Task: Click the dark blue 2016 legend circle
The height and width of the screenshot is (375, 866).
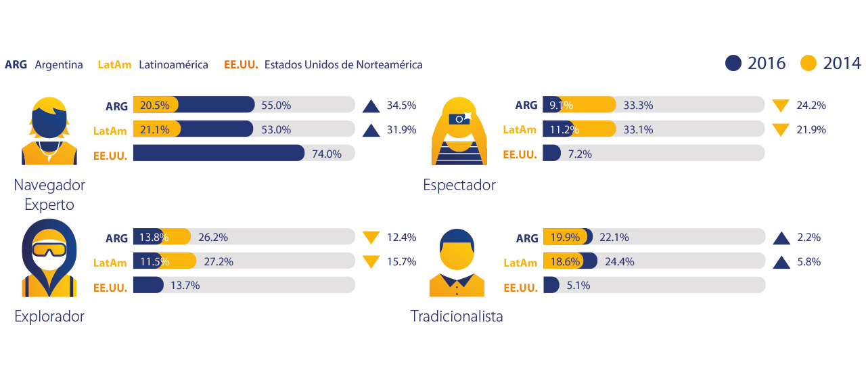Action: tap(733, 64)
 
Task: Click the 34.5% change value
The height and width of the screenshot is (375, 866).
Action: tap(401, 106)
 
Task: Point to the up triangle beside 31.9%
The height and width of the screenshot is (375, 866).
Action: tap(370, 129)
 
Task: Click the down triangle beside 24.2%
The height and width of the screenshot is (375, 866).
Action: tap(781, 106)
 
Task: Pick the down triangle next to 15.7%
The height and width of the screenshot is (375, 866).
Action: tap(370, 261)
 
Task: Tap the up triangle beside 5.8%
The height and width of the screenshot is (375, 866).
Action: tap(781, 261)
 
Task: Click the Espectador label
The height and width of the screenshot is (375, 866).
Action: tap(459, 185)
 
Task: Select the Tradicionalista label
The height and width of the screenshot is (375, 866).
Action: tap(457, 316)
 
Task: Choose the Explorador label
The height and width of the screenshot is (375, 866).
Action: tap(49, 316)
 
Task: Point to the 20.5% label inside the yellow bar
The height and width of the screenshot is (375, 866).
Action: tap(156, 105)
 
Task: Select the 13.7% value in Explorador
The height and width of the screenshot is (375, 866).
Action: tap(185, 286)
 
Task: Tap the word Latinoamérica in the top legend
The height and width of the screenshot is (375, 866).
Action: tap(173, 65)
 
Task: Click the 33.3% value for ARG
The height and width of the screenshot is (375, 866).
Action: tap(639, 105)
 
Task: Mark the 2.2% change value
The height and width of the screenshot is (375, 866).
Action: tap(810, 238)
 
